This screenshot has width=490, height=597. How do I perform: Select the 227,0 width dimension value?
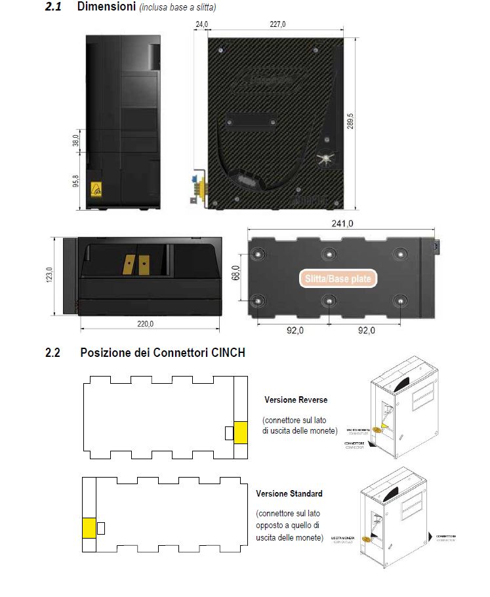278,24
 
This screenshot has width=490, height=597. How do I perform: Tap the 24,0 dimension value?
201,24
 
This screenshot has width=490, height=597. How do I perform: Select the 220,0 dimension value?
145,323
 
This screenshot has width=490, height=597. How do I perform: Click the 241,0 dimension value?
342,224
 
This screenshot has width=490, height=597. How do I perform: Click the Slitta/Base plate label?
338,279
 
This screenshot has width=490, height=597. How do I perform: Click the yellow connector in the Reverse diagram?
241,433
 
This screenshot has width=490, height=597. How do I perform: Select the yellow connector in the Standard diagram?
89,528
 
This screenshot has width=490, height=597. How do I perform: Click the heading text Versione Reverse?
296,400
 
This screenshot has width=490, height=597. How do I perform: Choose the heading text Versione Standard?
289,493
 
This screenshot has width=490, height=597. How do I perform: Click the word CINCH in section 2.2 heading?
228,353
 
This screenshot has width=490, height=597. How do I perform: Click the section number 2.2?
52,353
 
